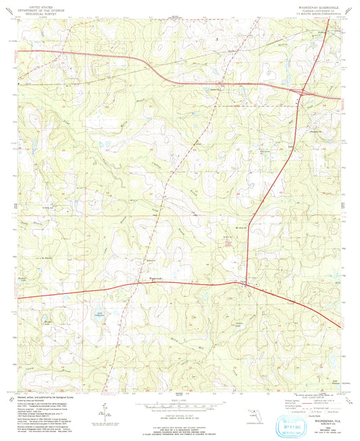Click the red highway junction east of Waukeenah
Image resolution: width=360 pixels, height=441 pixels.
click(246, 284)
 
